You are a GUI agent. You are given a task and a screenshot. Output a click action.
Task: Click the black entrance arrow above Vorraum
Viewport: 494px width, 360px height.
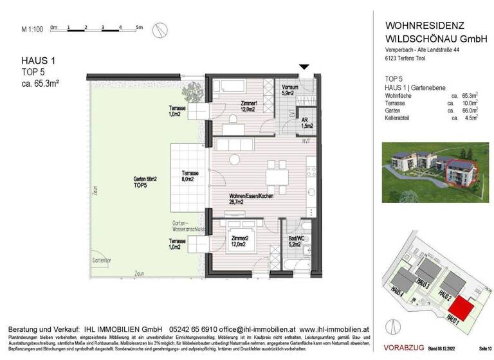pyautogui.click(x=305, y=67)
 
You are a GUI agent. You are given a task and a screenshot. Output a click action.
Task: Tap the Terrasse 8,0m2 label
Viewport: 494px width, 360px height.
pyautogui.click(x=190, y=176)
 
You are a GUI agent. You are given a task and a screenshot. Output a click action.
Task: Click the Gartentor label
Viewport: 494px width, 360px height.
pyautogui.click(x=100, y=260)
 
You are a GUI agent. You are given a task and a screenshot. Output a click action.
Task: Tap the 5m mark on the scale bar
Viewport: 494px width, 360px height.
pyautogui.click(x=138, y=28)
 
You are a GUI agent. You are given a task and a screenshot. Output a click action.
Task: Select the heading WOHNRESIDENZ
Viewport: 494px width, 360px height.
pyautogui.click(x=425, y=25)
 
